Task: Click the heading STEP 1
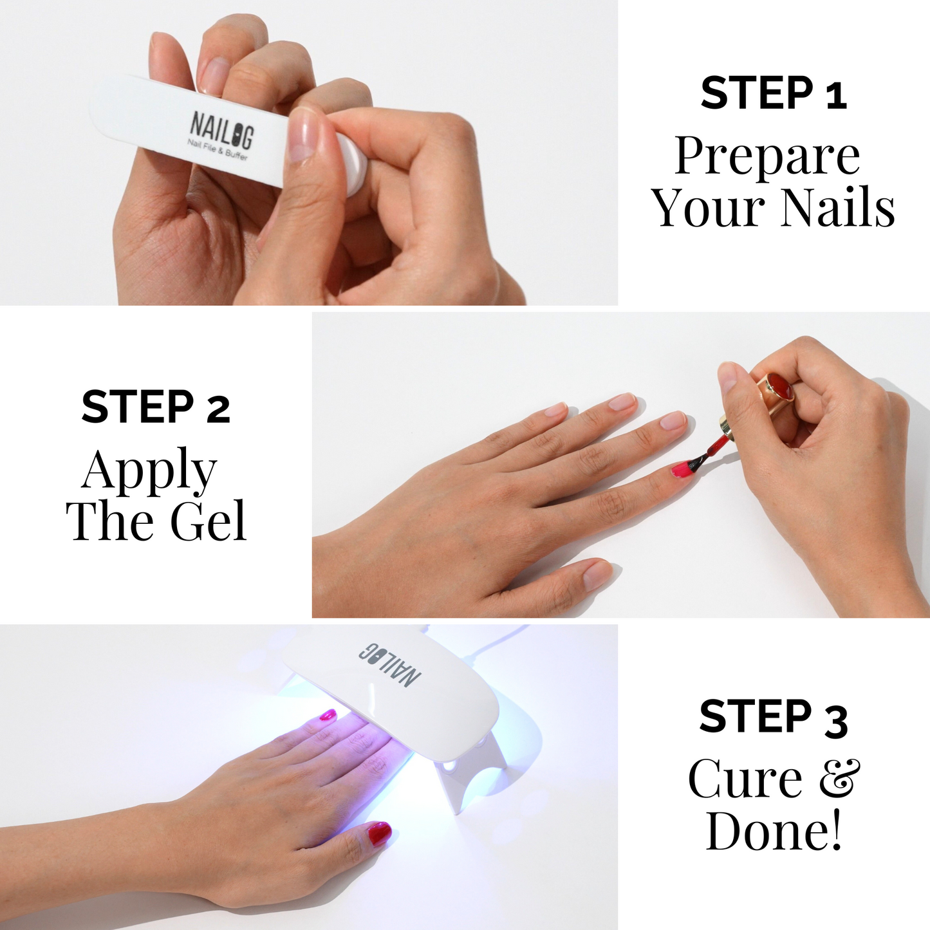[773, 93]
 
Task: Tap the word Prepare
[767, 156]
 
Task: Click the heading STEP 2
[156, 407]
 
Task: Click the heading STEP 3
[773, 718]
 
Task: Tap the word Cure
[745, 779]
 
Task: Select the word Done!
[773, 831]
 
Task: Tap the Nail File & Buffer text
[217, 150]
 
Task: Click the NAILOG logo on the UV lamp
[390, 664]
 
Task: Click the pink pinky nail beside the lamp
[328, 715]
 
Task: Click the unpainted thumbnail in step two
[596, 573]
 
